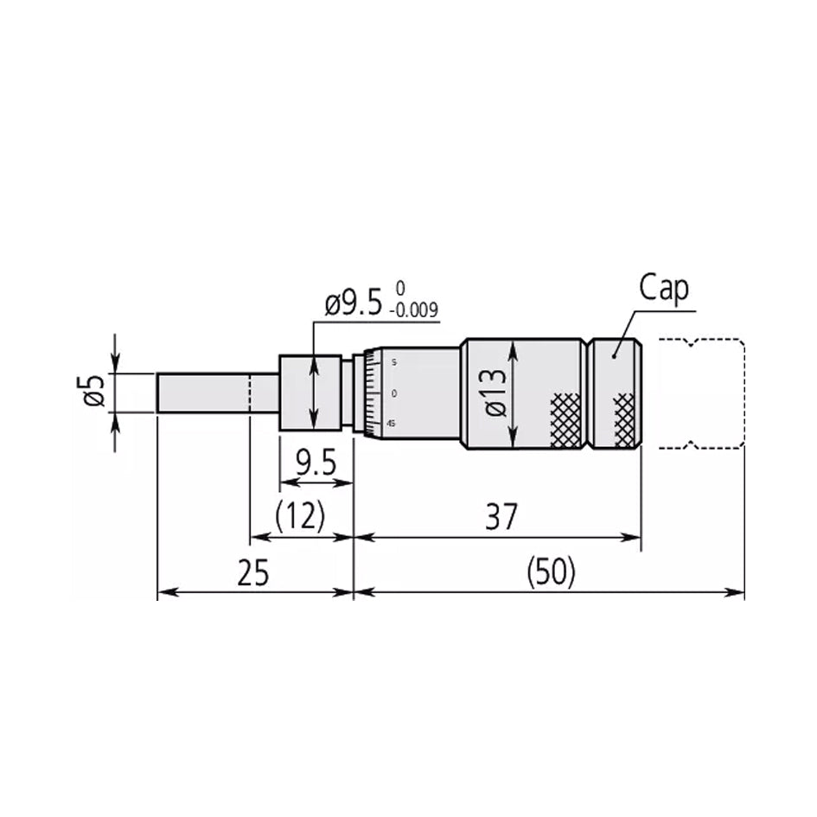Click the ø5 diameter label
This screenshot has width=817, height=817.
(96, 393)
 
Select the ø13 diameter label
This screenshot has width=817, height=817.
(495, 393)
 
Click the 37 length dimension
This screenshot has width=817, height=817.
(500, 518)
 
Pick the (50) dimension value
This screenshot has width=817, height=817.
(550, 573)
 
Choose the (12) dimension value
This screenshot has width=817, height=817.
(299, 518)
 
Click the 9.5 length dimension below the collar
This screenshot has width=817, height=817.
(316, 465)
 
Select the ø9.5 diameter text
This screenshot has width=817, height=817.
(353, 304)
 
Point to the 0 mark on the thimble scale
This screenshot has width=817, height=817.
(394, 393)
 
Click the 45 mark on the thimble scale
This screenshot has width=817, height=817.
(392, 424)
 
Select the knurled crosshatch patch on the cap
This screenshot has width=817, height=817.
(623, 413)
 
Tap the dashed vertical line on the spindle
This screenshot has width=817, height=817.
(250, 393)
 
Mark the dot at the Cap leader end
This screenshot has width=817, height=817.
(614, 354)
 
